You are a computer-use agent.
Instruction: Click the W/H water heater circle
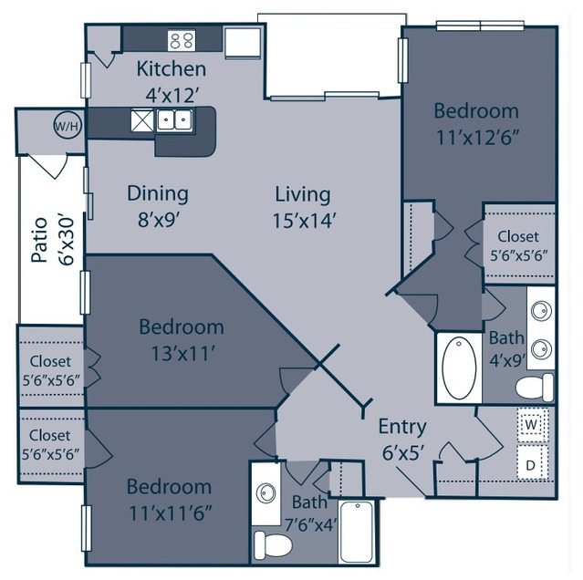click(68, 126)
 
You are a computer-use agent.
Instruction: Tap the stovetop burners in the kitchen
click(182, 40)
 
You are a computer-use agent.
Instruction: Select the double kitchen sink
click(174, 119)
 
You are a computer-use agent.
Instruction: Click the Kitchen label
click(171, 68)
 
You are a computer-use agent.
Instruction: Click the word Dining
click(158, 194)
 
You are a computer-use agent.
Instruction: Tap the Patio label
click(39, 240)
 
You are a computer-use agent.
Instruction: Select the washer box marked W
click(533, 425)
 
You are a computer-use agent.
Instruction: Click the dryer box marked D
click(532, 463)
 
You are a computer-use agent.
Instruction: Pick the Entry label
click(402, 427)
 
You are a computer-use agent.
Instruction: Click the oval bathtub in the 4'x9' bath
click(459, 368)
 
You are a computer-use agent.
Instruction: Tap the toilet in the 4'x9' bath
click(535, 388)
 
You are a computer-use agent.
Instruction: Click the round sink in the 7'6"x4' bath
click(265, 493)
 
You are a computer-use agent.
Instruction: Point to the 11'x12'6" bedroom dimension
click(477, 138)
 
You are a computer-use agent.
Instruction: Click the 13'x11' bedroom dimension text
click(182, 353)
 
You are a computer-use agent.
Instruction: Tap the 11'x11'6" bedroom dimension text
click(171, 513)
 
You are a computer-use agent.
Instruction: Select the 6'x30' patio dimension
click(67, 241)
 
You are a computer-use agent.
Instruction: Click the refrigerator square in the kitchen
click(243, 42)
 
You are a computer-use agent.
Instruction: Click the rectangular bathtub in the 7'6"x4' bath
click(357, 532)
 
